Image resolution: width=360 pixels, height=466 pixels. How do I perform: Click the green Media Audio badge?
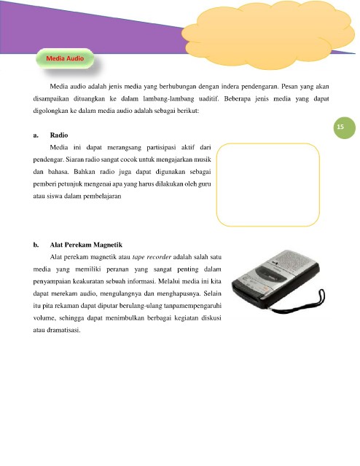point(65,58)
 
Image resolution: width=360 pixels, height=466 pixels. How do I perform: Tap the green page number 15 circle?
point(344,128)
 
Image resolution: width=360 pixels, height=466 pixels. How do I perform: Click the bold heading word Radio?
point(59,135)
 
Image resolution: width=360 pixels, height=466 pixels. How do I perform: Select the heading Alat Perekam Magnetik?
point(86,245)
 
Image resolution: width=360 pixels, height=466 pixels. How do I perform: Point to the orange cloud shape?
point(267,35)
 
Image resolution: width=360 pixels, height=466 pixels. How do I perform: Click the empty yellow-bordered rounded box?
point(216,184)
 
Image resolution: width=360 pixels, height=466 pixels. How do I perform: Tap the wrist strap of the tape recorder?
point(310,304)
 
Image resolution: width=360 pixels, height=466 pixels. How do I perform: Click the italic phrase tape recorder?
point(152,257)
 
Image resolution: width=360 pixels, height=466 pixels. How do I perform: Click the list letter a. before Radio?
point(36,135)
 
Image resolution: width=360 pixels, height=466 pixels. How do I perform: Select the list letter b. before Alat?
point(36,245)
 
